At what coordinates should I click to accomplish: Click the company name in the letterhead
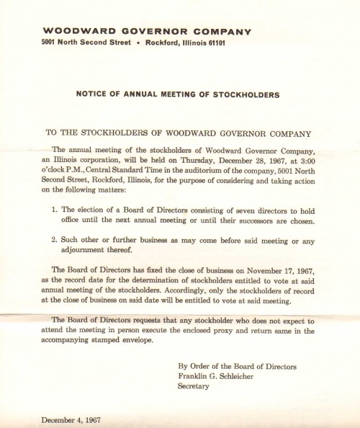[147, 31]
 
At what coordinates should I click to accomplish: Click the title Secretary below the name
[193, 386]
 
